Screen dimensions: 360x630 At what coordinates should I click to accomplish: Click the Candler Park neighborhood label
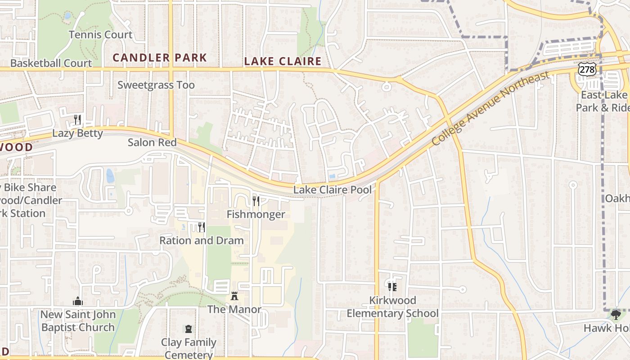[x=160, y=58]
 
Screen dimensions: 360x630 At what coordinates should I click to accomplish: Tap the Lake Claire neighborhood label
[x=283, y=61]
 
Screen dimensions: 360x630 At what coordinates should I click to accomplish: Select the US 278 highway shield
[x=588, y=69]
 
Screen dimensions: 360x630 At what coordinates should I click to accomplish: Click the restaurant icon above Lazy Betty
[x=77, y=119]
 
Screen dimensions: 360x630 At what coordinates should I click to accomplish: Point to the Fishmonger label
[x=256, y=214]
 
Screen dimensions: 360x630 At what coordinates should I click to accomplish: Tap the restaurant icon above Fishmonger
[x=256, y=201]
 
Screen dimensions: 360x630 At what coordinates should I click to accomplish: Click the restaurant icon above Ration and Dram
[x=202, y=227]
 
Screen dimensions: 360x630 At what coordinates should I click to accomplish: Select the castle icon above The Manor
[x=234, y=296]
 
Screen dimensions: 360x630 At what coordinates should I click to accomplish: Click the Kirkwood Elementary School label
[x=392, y=307]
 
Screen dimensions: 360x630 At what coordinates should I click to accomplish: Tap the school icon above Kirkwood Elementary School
[x=392, y=287]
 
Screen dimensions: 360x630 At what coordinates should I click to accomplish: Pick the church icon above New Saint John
[x=78, y=301]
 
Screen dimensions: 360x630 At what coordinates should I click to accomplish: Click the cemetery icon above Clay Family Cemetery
[x=189, y=329]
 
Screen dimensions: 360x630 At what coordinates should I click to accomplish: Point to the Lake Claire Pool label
[x=333, y=190]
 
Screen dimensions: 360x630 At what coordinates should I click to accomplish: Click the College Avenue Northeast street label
[x=490, y=108]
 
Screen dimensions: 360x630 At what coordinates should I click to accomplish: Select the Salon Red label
[x=152, y=143]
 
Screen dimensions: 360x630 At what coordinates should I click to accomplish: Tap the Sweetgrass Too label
[x=156, y=85]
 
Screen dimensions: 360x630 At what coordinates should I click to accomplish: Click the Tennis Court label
[x=101, y=35]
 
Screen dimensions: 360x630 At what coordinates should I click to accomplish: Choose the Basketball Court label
[x=51, y=63]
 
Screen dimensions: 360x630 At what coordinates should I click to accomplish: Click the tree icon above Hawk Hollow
[x=616, y=315]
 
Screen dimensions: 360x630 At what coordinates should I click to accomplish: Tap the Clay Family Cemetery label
[x=189, y=348]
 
